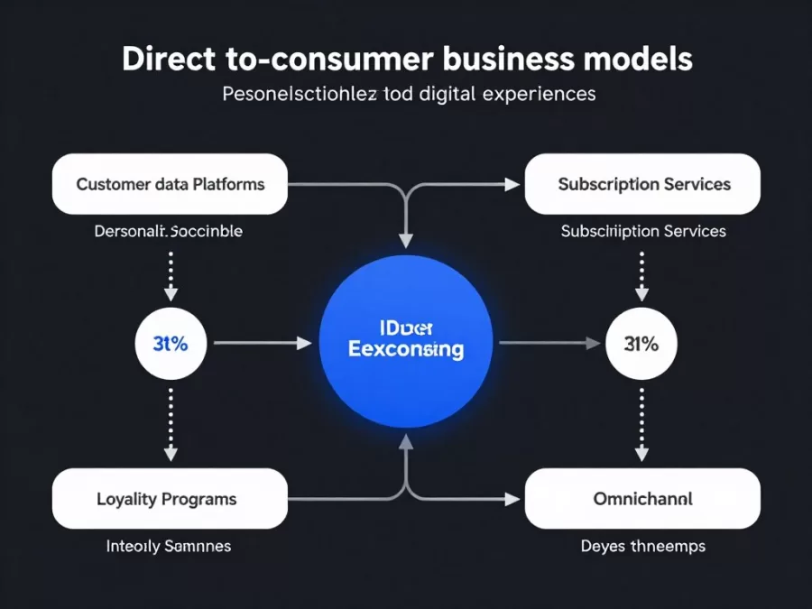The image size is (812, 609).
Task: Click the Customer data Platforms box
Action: pyautogui.click(x=170, y=184)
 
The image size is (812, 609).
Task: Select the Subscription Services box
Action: pyautogui.click(x=642, y=184)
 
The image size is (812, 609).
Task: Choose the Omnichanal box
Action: pyautogui.click(x=642, y=498)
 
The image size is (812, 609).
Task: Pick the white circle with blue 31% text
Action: pyautogui.click(x=171, y=343)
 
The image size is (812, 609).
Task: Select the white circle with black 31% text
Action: pyautogui.click(x=641, y=343)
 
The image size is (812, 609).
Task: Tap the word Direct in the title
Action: pyautogui.click(x=167, y=59)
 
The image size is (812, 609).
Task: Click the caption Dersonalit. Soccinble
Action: pyautogui.click(x=168, y=231)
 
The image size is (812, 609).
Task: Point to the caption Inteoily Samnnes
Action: pyautogui.click(x=168, y=546)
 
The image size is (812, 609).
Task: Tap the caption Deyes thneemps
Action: pyautogui.click(x=642, y=546)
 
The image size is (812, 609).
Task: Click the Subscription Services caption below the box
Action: pyautogui.click(x=642, y=231)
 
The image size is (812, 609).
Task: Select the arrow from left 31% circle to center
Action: pyautogui.click(x=262, y=343)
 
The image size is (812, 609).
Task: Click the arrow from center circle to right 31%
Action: pyautogui.click(x=549, y=343)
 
